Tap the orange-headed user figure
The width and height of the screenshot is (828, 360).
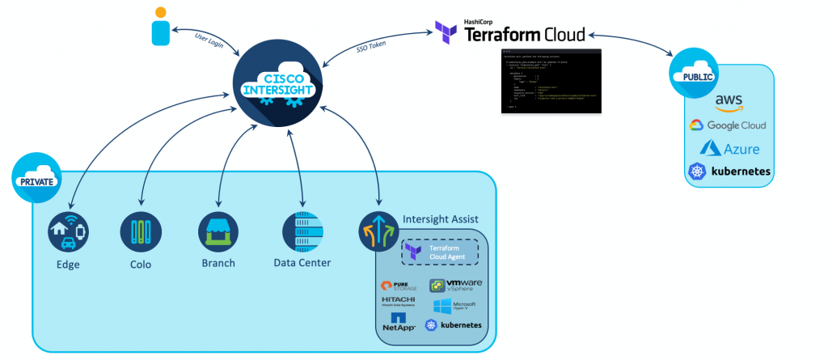tap(161, 26)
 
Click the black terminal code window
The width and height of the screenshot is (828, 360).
tap(552, 83)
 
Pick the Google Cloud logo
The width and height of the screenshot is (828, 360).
tap(727, 125)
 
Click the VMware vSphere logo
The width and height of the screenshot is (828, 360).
tap(456, 286)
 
